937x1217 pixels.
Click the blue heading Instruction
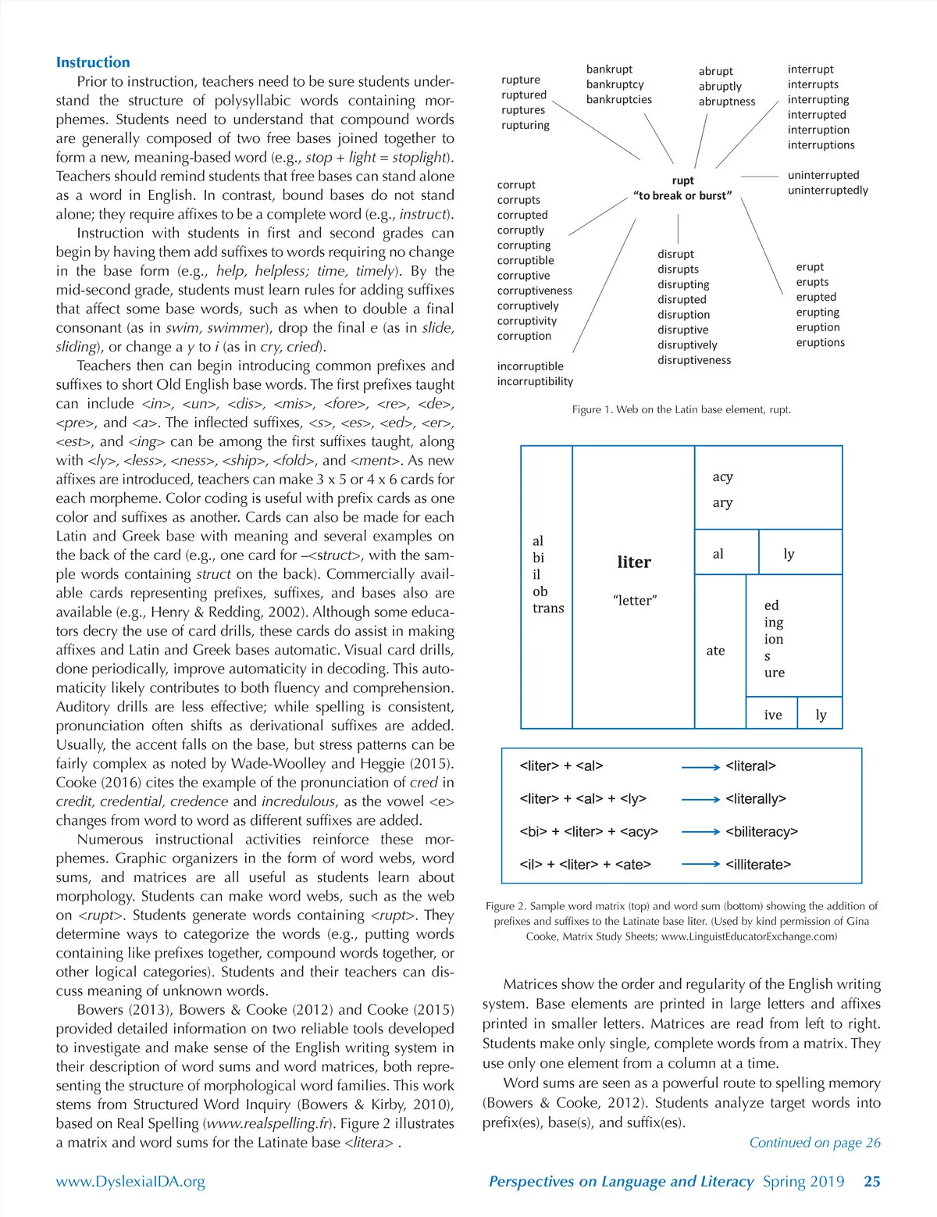93,62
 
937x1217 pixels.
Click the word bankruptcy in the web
615,84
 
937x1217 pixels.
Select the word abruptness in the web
726,102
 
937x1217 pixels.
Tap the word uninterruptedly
827,191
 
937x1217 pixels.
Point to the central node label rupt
682,180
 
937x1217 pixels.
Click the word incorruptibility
535,381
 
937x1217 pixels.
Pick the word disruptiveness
693,360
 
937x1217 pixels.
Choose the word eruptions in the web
820,342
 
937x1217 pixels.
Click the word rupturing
525,125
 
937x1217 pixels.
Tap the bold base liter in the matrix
633,562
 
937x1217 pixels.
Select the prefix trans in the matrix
548,608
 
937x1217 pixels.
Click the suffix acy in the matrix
722,477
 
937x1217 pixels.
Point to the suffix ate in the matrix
715,651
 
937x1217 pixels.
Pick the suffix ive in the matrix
773,715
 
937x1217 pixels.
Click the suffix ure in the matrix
775,673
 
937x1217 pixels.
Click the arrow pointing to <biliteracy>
700,832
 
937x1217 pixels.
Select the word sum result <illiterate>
757,865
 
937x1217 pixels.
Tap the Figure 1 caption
681,409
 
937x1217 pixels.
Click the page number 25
871,1181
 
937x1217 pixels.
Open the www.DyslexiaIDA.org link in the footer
130,1182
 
